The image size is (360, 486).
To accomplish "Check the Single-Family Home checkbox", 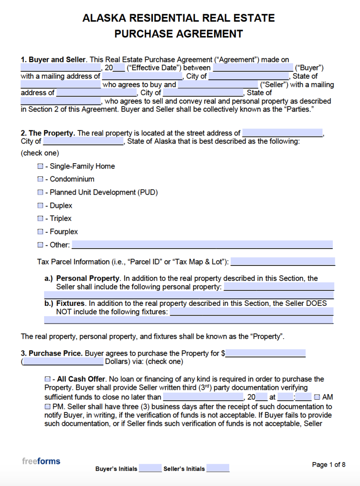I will coord(40,167).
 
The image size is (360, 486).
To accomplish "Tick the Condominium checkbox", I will coord(40,179).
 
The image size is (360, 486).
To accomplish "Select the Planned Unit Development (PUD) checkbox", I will coord(40,192).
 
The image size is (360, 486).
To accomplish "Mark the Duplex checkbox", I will coord(40,205).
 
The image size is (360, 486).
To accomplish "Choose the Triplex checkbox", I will coord(40,219).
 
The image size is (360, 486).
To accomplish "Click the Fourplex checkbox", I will coord(40,232).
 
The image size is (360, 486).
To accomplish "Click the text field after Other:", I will coord(202,244).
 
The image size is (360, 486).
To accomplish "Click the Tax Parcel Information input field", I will coord(283,261).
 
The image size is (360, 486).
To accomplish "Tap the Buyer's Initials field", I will coord(150,468).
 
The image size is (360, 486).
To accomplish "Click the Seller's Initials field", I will coord(217,468).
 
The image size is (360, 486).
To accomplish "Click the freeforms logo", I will coord(41,461).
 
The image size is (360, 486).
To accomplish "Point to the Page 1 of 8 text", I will coord(329,464).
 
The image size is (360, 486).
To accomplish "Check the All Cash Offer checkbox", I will coord(47,379).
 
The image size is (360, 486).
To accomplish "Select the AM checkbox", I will coord(317,397).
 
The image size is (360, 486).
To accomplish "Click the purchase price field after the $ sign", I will coord(265,353).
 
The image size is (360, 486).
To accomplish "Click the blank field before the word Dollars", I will coord(63,362).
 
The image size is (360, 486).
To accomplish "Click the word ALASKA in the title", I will coord(104,18).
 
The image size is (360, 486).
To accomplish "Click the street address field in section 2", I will coord(282,133).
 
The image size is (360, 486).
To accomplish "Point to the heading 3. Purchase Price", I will coord(52,353).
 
